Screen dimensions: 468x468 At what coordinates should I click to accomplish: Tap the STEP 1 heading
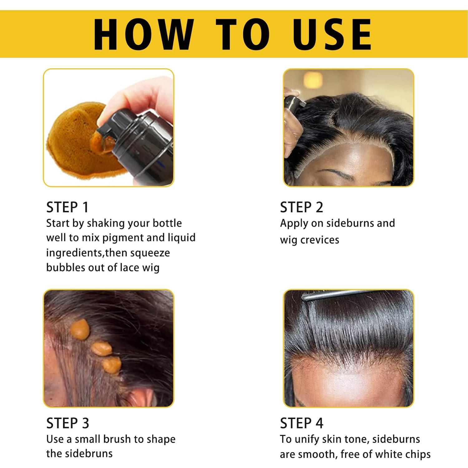click(67, 207)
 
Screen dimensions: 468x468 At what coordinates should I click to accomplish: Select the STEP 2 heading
click(301, 207)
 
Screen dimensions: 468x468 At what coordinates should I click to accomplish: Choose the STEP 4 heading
click(301, 423)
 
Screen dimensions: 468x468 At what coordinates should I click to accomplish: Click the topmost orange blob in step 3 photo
click(80, 329)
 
